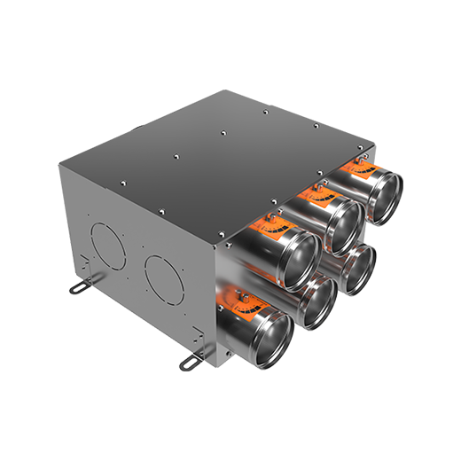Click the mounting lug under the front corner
pyautogui.click(x=191, y=362)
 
